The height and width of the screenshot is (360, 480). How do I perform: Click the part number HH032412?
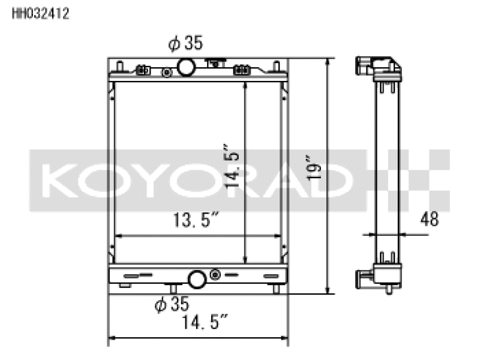click(40, 13)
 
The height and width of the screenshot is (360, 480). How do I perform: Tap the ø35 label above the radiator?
click(185, 43)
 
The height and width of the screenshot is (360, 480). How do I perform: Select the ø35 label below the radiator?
click(172, 304)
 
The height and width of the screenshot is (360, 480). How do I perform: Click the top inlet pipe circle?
click(186, 67)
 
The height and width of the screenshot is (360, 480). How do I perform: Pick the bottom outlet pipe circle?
click(197, 279)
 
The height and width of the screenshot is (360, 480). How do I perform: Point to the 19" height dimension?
click(313, 168)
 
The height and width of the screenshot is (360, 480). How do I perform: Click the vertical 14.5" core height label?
click(232, 166)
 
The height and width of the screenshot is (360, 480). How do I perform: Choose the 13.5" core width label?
click(196, 220)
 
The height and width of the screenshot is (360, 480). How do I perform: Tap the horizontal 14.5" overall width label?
click(205, 322)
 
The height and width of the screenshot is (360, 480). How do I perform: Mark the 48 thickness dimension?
click(430, 219)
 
